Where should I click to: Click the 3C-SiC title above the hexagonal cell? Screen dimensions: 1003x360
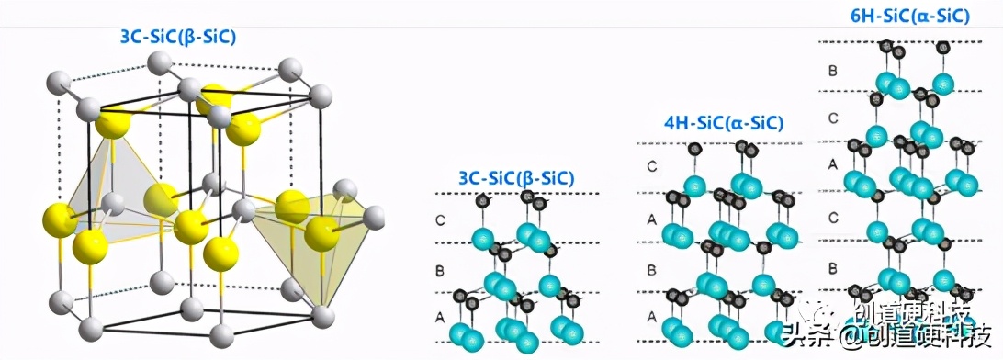click(178, 38)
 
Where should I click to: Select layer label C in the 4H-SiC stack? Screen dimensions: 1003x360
click(651, 166)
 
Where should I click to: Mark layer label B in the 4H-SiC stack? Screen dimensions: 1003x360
click(651, 271)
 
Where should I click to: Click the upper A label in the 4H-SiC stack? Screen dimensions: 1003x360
click(651, 219)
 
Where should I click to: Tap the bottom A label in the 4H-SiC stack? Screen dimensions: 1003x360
click(651, 315)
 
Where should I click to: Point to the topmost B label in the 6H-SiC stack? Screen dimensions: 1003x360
click(833, 70)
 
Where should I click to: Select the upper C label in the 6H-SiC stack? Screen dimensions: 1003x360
click(833, 118)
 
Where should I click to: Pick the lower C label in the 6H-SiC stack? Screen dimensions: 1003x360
click(833, 218)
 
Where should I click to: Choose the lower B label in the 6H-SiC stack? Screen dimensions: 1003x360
click(833, 269)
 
